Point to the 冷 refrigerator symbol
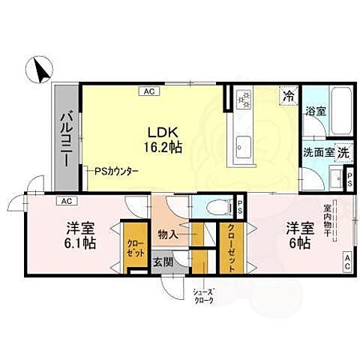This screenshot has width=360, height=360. [287, 94]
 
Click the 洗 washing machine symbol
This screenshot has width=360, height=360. [343, 151]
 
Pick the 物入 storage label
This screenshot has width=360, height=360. [167, 235]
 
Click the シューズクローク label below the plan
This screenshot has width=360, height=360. [202, 295]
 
